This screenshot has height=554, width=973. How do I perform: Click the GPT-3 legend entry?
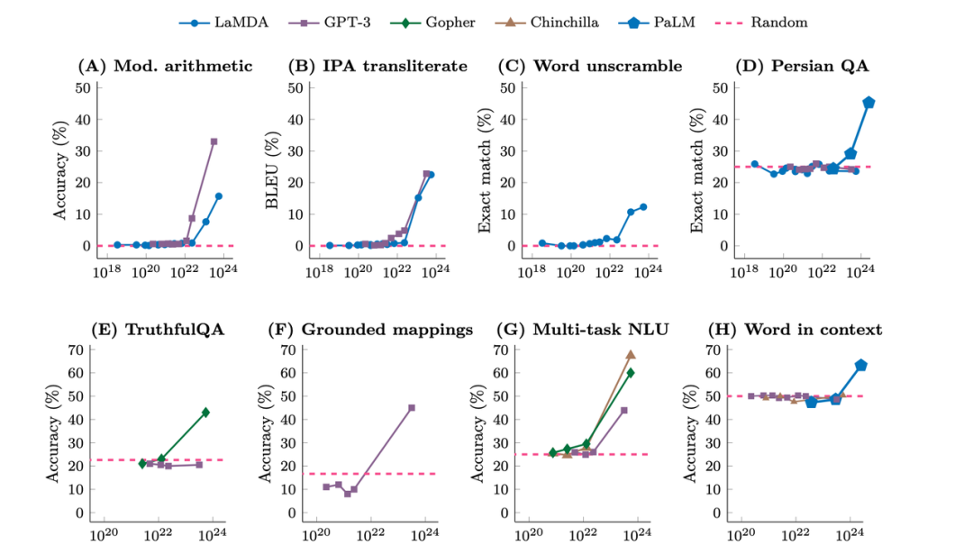(x=333, y=22)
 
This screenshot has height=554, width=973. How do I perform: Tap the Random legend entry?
(x=771, y=22)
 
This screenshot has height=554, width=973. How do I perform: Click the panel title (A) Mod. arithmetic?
(x=166, y=66)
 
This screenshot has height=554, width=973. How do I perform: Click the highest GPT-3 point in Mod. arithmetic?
(x=214, y=141)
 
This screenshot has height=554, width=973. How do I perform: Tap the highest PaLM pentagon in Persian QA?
(x=868, y=103)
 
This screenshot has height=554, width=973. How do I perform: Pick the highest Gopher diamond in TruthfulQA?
(x=205, y=412)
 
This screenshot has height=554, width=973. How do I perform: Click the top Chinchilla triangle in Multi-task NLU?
(x=631, y=355)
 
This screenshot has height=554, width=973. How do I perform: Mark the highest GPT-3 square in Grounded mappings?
(x=412, y=407)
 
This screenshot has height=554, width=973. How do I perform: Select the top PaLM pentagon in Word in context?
(x=860, y=365)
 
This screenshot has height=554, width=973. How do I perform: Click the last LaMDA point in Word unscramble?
(x=643, y=207)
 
